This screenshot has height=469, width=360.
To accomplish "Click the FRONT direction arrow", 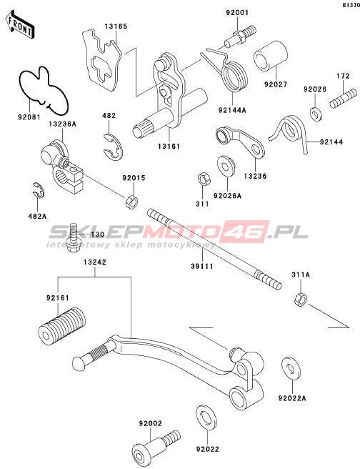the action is coord(20,25).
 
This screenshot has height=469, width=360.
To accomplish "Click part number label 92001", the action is coord(236,13).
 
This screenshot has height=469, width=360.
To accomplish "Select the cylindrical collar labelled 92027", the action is coord(271,56).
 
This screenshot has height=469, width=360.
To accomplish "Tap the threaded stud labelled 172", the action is coord(344,99).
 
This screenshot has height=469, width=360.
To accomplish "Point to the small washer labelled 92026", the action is coord(314,113).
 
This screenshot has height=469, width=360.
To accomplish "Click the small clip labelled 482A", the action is coord(39,190).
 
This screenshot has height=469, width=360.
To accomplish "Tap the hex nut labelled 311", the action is coord(204,179).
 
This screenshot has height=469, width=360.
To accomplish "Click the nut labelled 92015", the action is coord(131,201).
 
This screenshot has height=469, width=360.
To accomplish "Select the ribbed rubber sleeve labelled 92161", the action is coord(62,327).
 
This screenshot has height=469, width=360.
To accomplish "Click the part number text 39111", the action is coord(202,266).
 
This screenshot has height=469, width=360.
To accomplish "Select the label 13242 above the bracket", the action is coord(95,262).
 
